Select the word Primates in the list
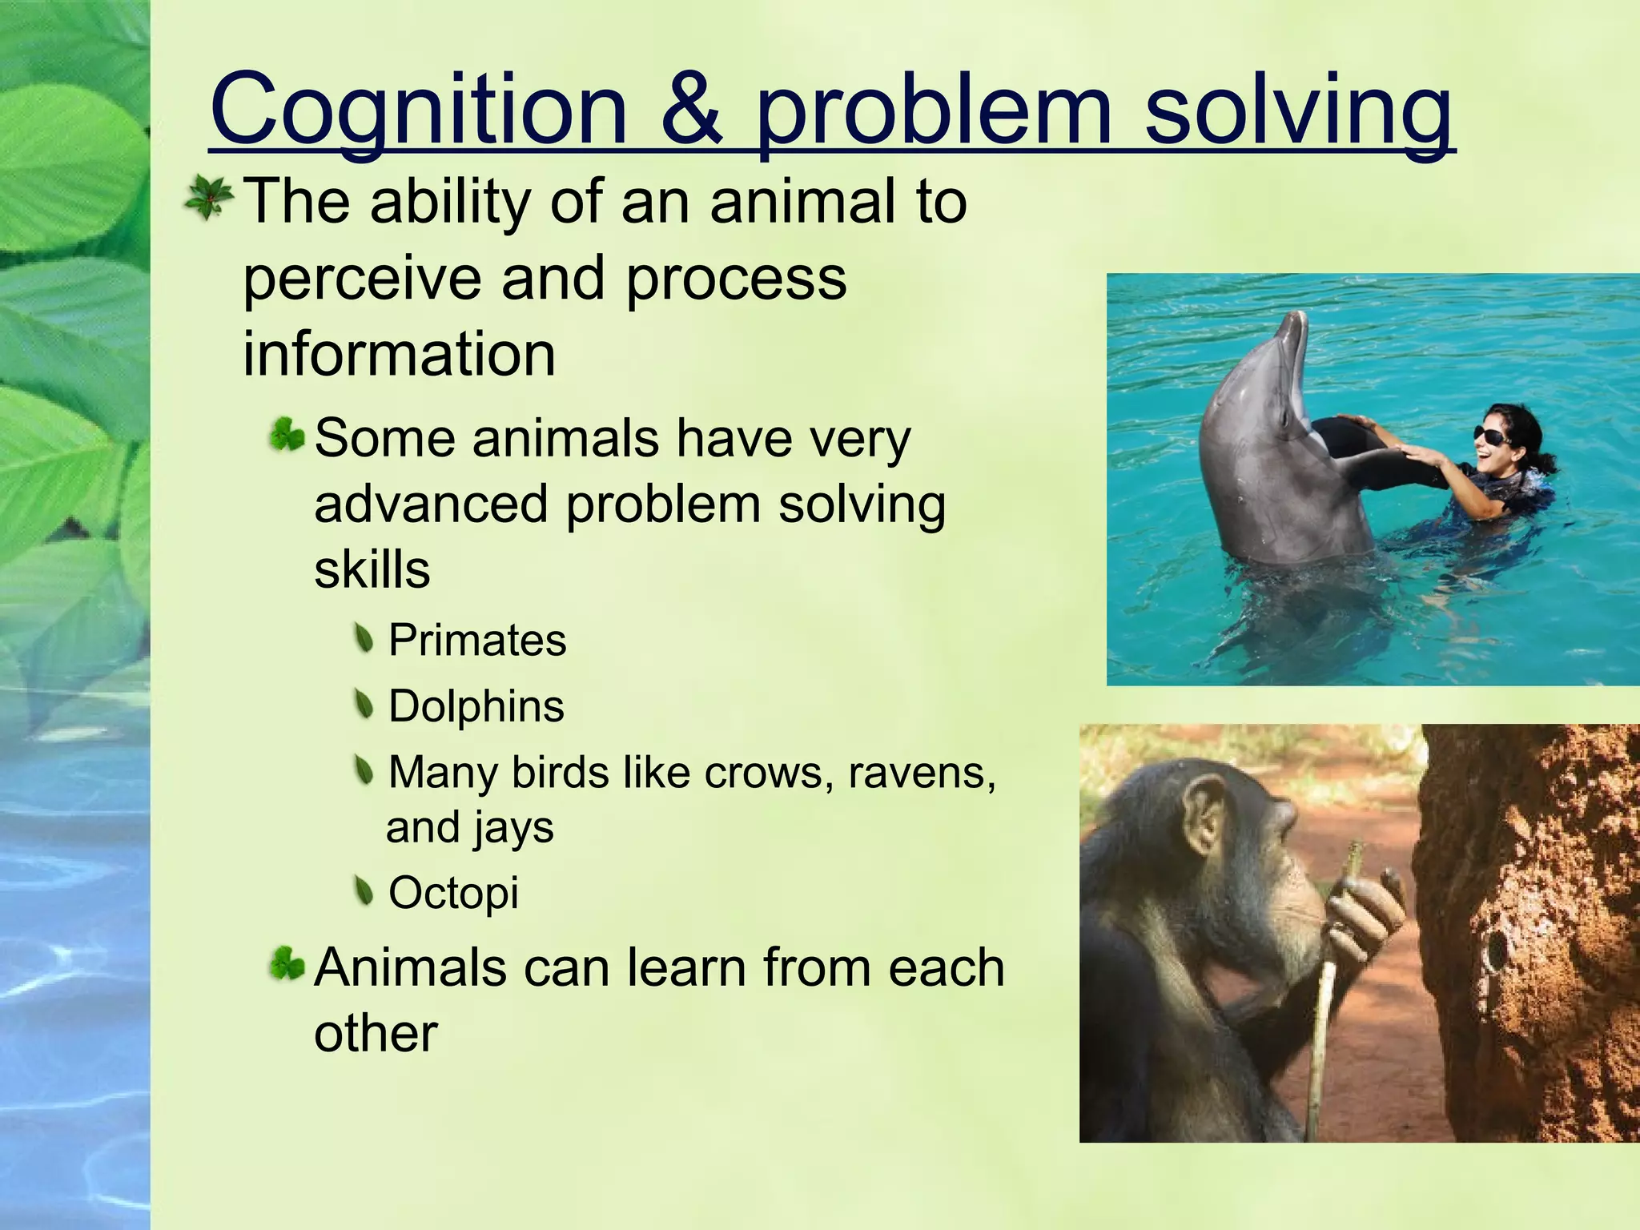tap(477, 641)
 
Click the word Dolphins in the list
tap(476, 706)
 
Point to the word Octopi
tap(453, 892)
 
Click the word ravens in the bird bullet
tap(921, 773)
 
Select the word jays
tap(513, 828)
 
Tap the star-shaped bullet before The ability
tap(208, 199)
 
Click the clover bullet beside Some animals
tap(287, 436)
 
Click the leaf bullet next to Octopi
tap(364, 890)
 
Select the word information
tap(399, 355)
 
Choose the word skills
tap(372, 569)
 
